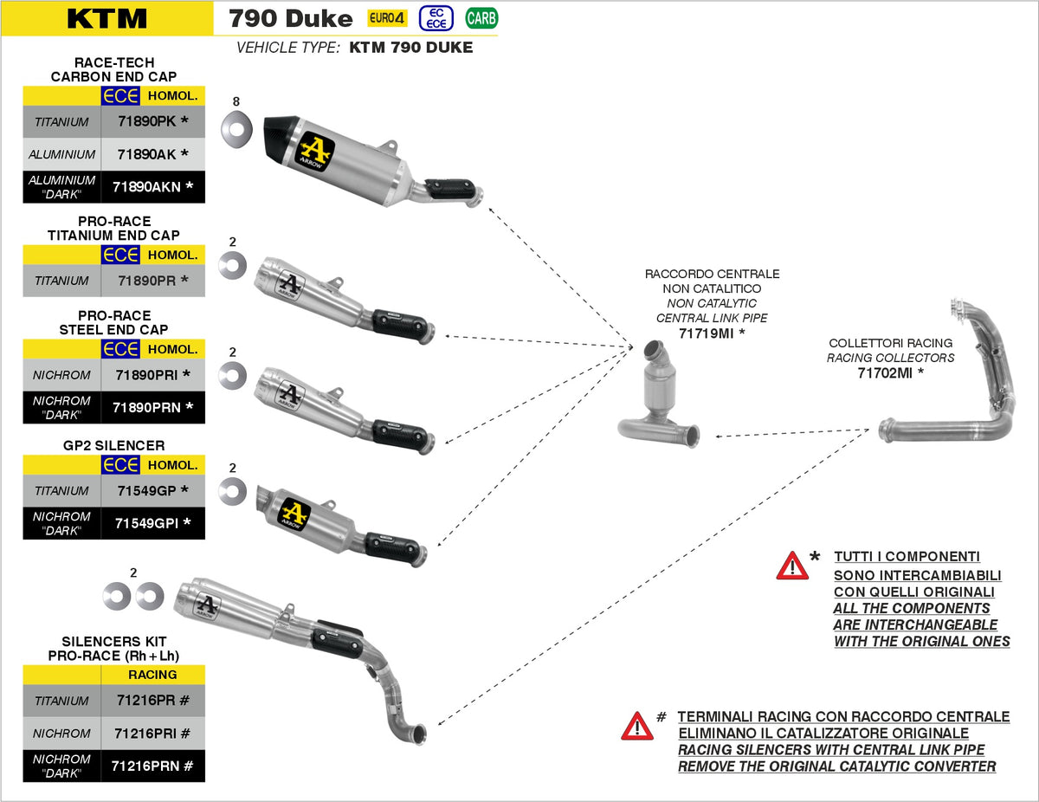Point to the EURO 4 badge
coord(386,18)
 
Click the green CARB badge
coord(481,18)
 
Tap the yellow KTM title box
coord(107,18)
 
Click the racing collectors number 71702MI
coord(890,373)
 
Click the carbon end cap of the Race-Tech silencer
coord(281,137)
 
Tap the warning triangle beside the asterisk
coord(792,566)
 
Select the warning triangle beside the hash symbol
coord(637,726)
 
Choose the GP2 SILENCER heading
coord(113,446)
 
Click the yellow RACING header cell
coord(152,675)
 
